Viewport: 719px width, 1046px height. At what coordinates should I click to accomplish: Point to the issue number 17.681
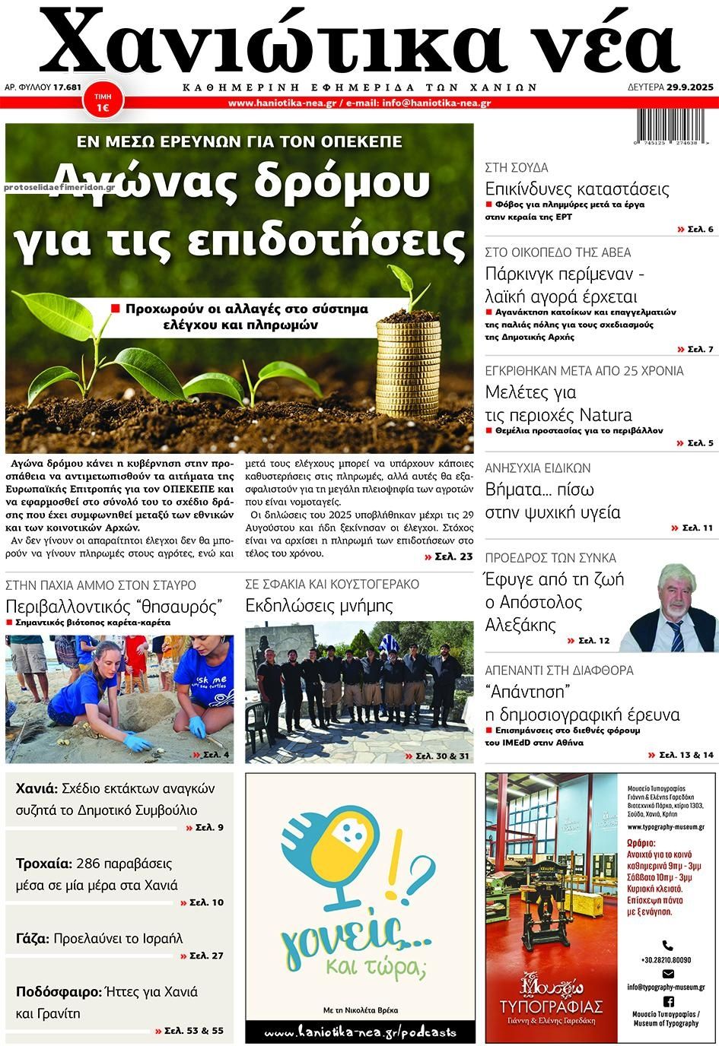(x=68, y=87)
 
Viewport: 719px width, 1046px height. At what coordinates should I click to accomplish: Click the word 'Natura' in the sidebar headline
(x=606, y=415)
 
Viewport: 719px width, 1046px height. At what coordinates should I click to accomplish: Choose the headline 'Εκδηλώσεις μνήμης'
(x=319, y=606)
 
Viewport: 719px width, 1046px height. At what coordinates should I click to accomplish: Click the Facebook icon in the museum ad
(x=668, y=1001)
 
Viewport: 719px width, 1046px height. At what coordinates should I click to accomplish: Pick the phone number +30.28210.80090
(x=666, y=960)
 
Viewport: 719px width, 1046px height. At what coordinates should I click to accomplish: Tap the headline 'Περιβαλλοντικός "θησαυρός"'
(x=113, y=606)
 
